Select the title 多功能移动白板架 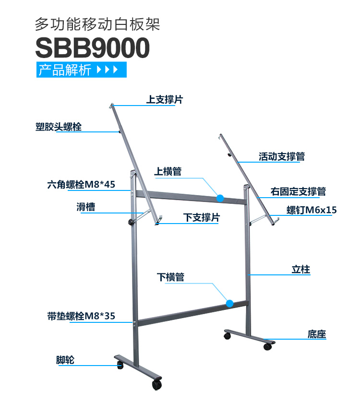pyautogui.click(x=97, y=24)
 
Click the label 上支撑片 pyautogui.click(x=165, y=100)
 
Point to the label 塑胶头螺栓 pyautogui.click(x=59, y=127)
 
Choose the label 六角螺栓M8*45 pyautogui.click(x=82, y=184)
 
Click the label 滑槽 pyautogui.click(x=85, y=207)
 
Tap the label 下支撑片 pyautogui.click(x=202, y=218)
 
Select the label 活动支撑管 pyautogui.click(x=282, y=156)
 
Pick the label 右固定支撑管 pyautogui.click(x=298, y=191)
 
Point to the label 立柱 pyautogui.click(x=301, y=270)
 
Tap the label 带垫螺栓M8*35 pyautogui.click(x=82, y=316)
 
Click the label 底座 pyautogui.click(x=317, y=334)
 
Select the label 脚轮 pyautogui.click(x=65, y=360)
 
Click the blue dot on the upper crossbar pyautogui.click(x=220, y=198)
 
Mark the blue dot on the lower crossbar pyautogui.click(x=230, y=303)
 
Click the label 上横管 pyautogui.click(x=168, y=172)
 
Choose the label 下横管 pyautogui.click(x=170, y=277)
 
